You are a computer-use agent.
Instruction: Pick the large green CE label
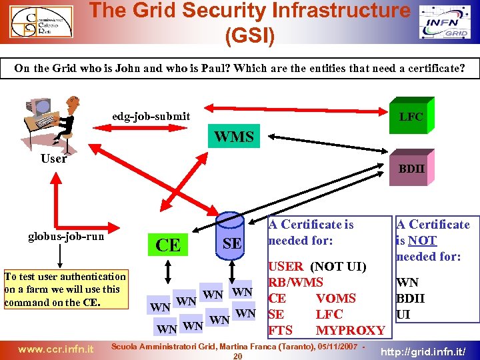[167, 245]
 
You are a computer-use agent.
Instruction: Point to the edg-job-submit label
[151, 116]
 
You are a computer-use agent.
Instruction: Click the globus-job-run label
[66, 236]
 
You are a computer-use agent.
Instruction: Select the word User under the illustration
[53, 159]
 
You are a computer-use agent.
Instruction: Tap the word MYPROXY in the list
[350, 330]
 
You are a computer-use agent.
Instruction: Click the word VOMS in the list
[336, 298]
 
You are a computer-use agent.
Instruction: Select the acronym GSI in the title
[250, 35]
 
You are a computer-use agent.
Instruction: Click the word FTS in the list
[280, 330]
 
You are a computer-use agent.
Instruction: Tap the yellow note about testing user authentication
[65, 289]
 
